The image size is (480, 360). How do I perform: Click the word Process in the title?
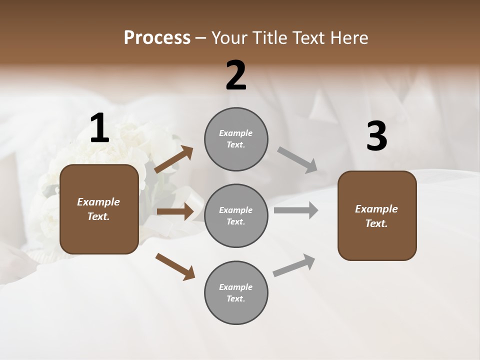[157, 38]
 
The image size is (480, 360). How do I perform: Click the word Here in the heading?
[348, 38]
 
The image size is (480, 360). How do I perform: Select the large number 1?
[99, 128]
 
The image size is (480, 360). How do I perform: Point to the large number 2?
[236, 75]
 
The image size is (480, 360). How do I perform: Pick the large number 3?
[376, 137]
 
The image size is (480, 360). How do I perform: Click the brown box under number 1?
[99, 209]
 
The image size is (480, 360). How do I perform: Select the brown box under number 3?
[377, 215]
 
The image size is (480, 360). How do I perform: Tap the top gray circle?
[236, 139]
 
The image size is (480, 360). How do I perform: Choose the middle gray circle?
[236, 215]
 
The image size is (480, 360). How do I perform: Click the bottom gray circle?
[236, 292]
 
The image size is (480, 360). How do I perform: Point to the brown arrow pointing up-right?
[174, 159]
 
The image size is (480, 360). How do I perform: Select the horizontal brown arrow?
[175, 211]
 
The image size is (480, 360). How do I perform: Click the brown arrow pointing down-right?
[175, 266]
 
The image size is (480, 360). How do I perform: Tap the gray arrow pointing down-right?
[297, 160]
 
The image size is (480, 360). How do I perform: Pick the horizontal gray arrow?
[296, 210]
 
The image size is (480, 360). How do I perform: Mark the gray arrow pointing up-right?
[294, 265]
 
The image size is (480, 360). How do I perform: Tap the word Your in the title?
[229, 38]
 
